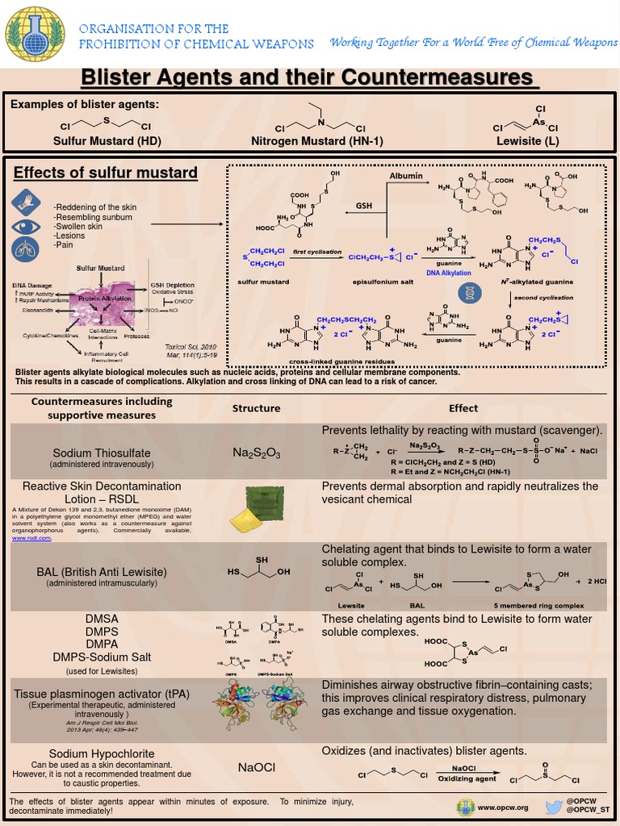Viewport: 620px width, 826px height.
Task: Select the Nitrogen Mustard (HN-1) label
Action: [317, 140]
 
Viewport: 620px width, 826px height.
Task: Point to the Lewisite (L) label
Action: [528, 140]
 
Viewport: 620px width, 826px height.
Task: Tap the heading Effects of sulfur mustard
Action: [106, 173]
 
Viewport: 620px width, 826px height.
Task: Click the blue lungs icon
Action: [24, 249]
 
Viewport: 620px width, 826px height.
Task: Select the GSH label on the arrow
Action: [364, 206]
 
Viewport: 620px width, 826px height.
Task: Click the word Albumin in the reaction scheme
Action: [405, 175]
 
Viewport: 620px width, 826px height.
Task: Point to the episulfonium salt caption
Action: [374, 282]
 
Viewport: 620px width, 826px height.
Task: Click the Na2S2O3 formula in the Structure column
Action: [256, 453]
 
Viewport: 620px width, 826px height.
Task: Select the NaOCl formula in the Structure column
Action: [256, 767]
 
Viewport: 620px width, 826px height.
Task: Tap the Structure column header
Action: [256, 408]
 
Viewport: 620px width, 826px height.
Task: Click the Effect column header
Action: [463, 408]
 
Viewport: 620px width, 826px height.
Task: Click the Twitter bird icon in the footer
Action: [553, 807]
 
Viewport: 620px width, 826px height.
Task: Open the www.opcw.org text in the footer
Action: [502, 807]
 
